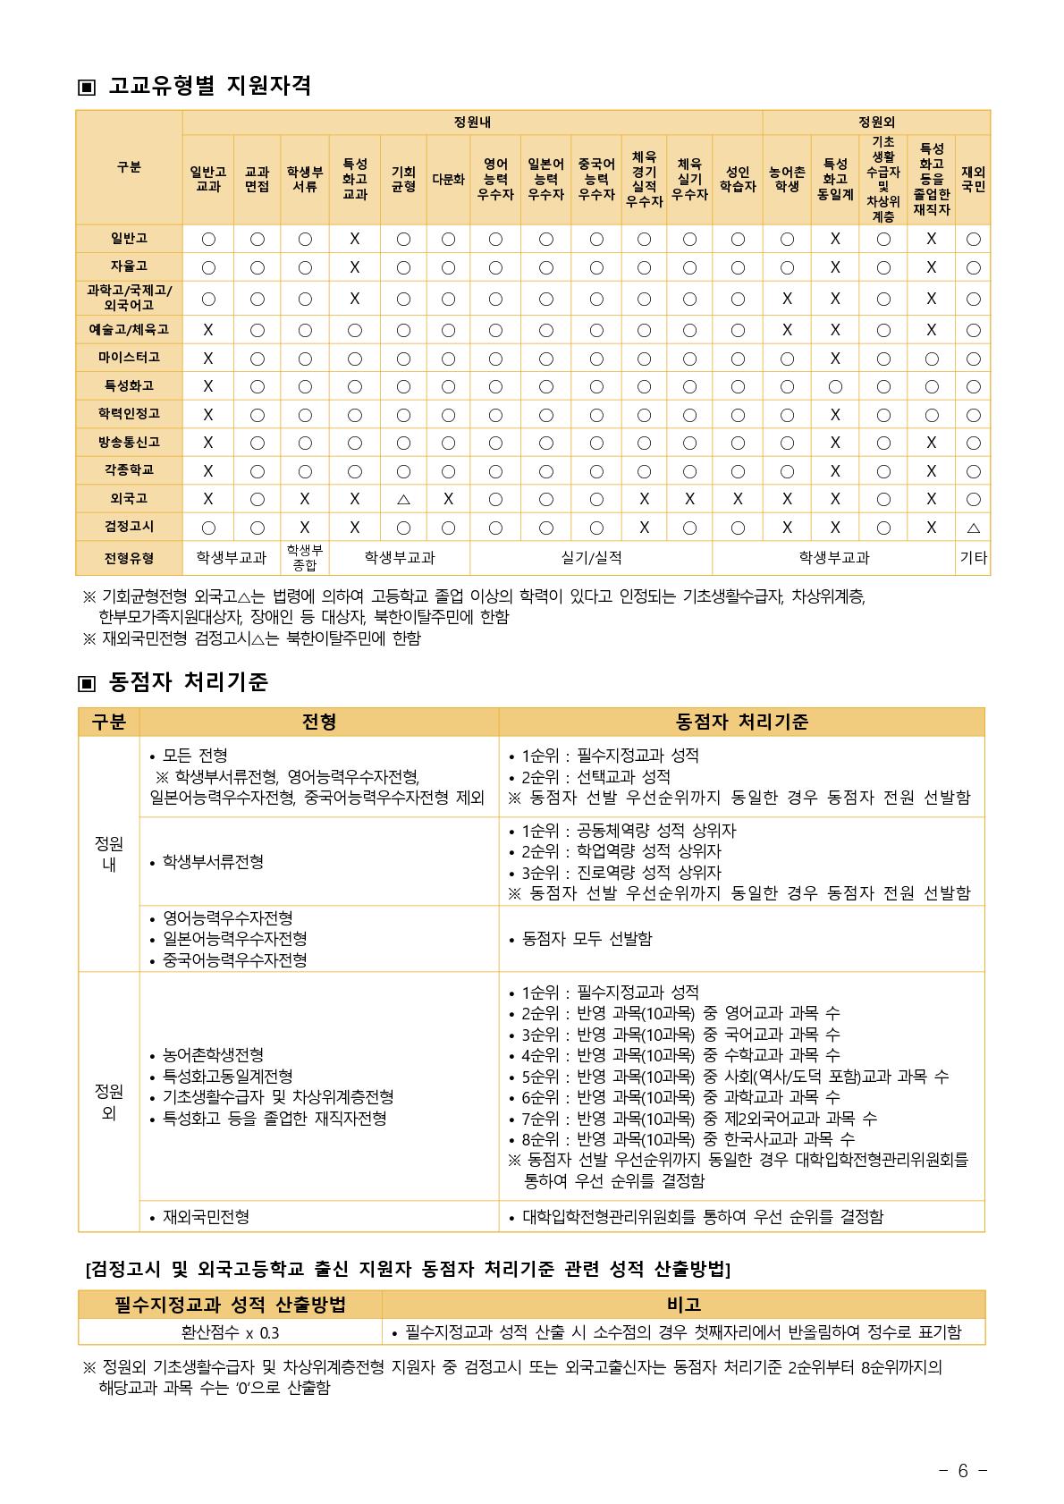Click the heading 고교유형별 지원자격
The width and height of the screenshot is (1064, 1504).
(209, 86)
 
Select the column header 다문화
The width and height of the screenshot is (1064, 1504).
(448, 179)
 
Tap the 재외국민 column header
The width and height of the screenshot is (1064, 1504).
(973, 179)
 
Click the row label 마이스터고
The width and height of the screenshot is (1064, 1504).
(129, 358)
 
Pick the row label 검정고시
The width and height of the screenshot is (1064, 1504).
(129, 526)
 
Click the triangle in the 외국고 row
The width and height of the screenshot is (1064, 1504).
(402, 499)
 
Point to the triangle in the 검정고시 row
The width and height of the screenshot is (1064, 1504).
(973, 528)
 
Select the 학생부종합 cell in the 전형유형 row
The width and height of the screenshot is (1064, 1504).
(305, 558)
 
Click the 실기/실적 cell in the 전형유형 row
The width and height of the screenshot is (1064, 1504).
(591, 558)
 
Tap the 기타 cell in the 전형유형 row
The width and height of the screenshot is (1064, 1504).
(973, 558)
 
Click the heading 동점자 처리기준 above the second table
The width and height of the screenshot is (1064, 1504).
(188, 682)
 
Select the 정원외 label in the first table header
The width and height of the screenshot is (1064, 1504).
(876, 122)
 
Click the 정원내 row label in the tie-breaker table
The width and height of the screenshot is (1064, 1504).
(108, 854)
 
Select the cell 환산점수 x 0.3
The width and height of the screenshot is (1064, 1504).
(230, 1332)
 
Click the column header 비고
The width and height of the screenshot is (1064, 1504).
(684, 1305)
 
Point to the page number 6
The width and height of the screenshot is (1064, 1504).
(962, 1471)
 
